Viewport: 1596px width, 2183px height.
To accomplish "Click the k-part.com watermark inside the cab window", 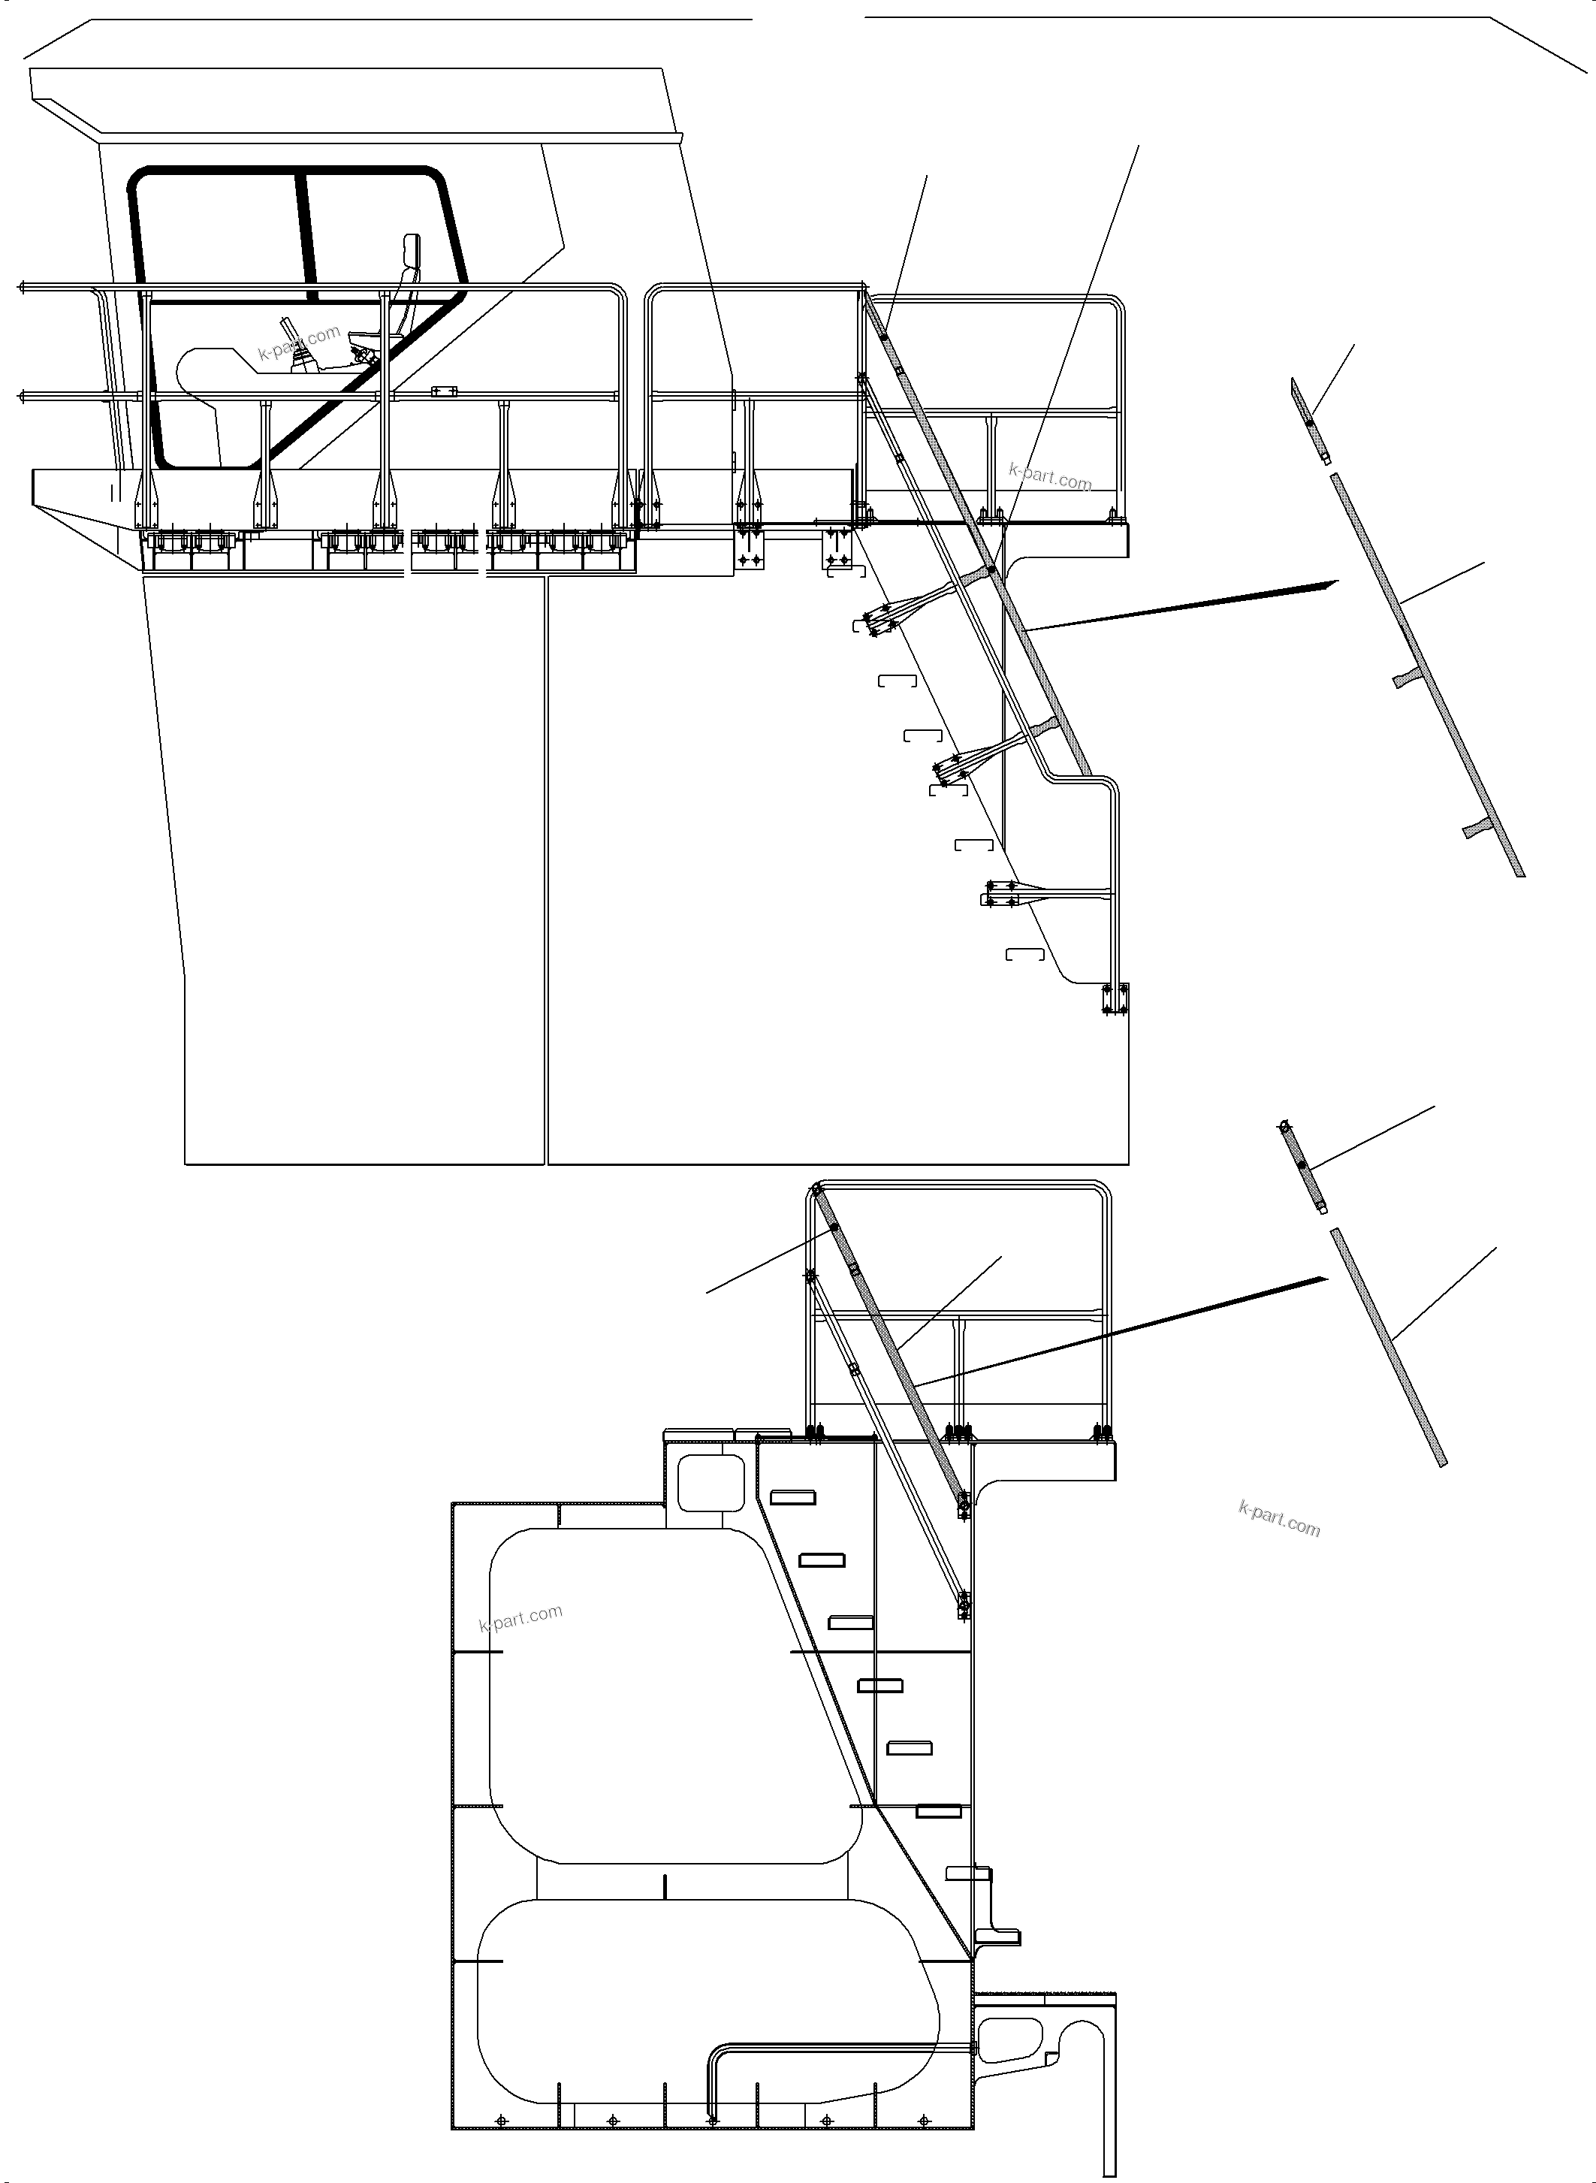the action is (x=300, y=342).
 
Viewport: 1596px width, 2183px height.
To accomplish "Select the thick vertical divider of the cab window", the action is (x=307, y=232).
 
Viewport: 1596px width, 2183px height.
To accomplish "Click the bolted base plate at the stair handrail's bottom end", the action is (x=1114, y=999).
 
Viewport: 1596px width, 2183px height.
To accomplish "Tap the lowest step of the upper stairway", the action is (x=1025, y=955).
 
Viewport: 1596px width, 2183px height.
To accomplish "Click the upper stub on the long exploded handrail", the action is (x=1407, y=679).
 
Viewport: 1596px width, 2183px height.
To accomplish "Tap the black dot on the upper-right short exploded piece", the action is (x=1310, y=422).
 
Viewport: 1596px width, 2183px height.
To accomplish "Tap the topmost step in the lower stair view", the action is (x=792, y=1498).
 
